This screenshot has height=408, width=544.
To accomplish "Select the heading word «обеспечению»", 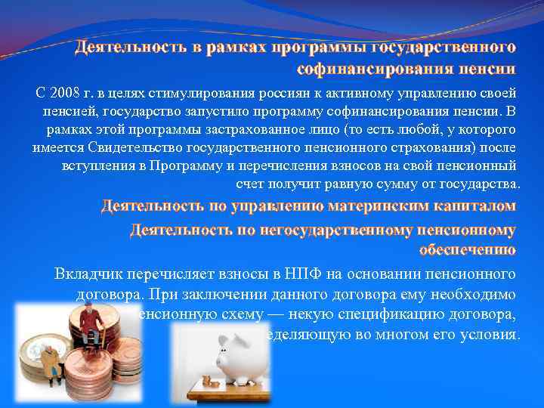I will pyautogui.click(x=466, y=249).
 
